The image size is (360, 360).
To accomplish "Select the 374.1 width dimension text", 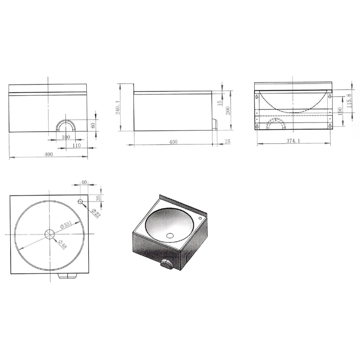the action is click(x=293, y=140).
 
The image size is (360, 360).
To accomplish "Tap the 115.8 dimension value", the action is click(x=349, y=101).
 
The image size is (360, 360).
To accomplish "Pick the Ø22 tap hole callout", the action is click(x=96, y=213).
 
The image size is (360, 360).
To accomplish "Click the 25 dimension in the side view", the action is click(x=227, y=141).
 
